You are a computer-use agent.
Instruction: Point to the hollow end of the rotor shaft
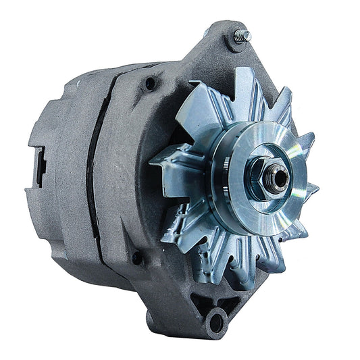point(264,177)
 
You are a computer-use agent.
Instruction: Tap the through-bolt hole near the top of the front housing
point(149,83)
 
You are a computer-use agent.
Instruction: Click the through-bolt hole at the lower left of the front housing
point(137,257)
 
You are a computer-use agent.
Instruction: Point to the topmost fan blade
point(240,84)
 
